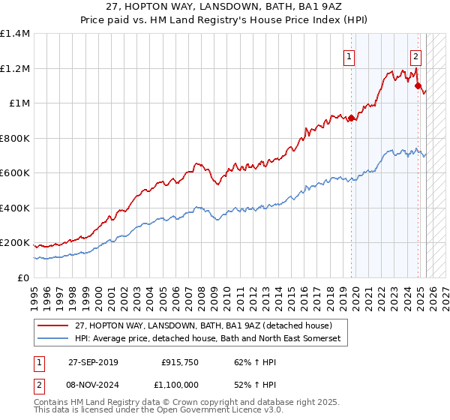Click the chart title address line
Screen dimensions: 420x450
pos(225,7)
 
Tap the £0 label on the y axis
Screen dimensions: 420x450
pos(22,277)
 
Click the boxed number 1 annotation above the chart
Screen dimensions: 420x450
pos(350,54)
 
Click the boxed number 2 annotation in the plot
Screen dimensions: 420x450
pos(415,54)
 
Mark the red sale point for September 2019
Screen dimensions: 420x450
pos(351,118)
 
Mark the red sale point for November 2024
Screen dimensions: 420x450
pos(417,86)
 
